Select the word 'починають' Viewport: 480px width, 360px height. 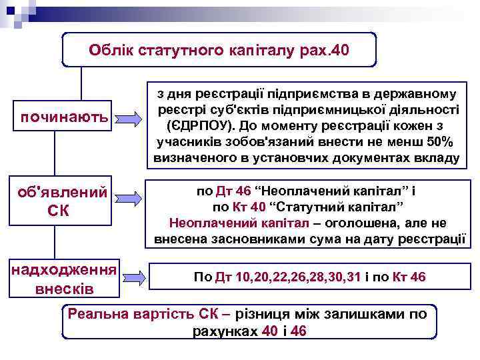(65, 117)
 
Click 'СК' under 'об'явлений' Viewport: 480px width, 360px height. (59, 211)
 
